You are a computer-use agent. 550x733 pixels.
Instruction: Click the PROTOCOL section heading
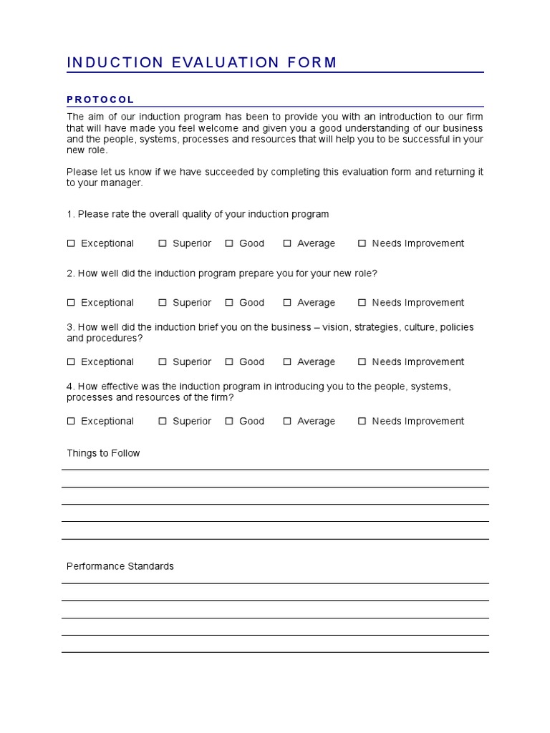(x=100, y=99)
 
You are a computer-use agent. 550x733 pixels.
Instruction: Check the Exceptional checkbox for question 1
(x=71, y=243)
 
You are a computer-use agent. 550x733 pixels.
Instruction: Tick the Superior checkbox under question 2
(x=163, y=303)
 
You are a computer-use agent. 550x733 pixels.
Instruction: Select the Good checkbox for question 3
(x=229, y=362)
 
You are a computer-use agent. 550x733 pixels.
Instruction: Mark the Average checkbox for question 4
(x=287, y=422)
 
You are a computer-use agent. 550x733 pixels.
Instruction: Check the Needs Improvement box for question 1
(x=362, y=243)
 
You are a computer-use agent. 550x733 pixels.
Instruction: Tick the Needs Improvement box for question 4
(x=362, y=422)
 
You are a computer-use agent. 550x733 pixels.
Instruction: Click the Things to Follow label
(x=103, y=453)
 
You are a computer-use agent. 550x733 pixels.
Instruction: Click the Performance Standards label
(x=120, y=566)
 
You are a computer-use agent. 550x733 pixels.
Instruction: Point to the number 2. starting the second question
(x=71, y=273)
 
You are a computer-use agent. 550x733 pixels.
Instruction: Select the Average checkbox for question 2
(x=287, y=303)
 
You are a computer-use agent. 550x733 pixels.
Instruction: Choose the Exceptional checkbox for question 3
(x=71, y=362)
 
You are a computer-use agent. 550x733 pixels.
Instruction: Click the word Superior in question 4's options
(x=192, y=422)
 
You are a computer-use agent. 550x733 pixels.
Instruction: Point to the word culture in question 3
(x=418, y=327)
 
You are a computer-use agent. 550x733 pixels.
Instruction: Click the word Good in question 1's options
(x=251, y=243)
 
